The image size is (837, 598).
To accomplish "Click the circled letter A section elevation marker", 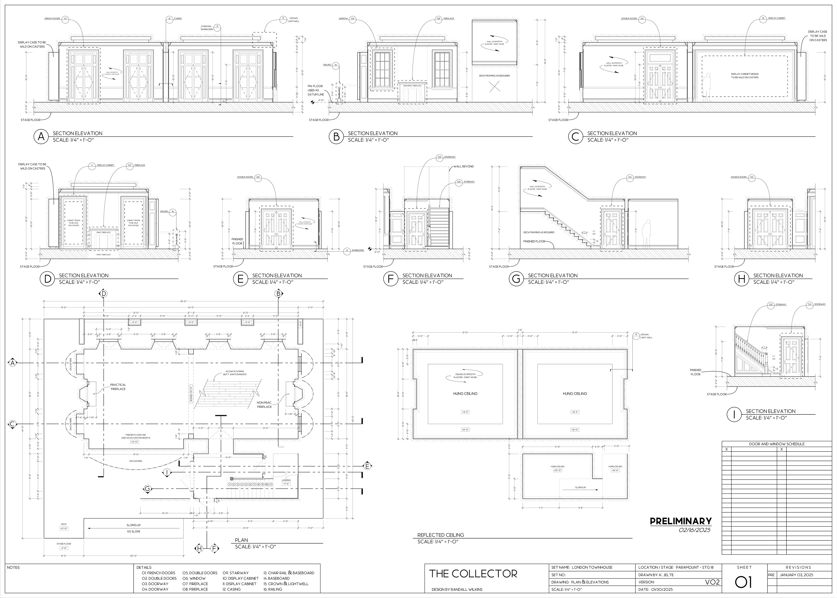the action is pos(41,137).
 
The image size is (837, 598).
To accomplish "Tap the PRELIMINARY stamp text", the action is pos(680,521).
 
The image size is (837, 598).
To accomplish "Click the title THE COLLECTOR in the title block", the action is pos(473,573).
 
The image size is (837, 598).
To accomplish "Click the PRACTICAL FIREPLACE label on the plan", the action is pos(118,387).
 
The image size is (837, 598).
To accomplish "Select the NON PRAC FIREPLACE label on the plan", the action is pos(264,405).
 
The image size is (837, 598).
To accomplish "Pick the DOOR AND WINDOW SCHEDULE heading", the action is pos(777,444).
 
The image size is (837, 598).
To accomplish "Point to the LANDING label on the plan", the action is pos(286,480).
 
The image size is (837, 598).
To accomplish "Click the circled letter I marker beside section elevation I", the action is pos(734,415).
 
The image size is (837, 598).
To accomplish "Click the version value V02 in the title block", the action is pos(712,582).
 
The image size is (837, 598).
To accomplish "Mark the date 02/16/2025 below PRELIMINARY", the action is pos(694,530).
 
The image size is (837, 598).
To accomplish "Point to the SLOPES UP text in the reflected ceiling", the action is pos(580,487).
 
